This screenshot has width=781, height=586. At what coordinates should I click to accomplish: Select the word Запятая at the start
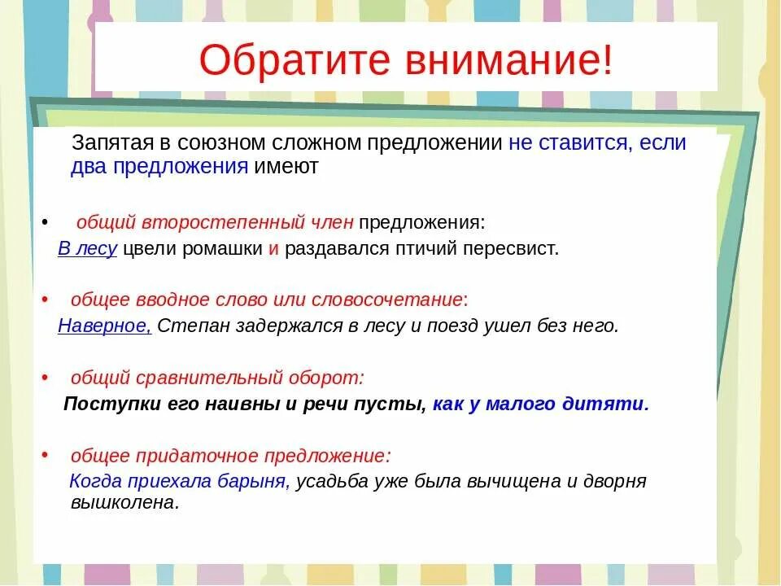point(110,144)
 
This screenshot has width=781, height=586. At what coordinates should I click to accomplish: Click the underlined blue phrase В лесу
point(88,249)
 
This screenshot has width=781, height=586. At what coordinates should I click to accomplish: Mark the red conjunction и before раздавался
point(273,249)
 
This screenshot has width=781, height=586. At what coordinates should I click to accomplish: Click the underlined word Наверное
point(104,326)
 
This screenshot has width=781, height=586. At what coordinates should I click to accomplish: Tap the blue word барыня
point(254,481)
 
